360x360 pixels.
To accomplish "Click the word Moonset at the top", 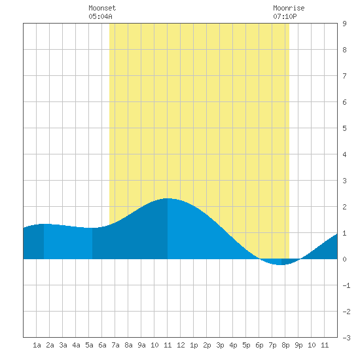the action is (x=102, y=8).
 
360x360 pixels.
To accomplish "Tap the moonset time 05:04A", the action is (x=100, y=16).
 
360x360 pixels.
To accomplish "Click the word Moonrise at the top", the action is (x=289, y=8).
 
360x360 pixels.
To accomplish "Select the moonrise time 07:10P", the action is (x=285, y=16).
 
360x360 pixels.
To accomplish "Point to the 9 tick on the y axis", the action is (x=344, y=24).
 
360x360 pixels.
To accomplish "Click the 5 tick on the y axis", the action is (x=344, y=128).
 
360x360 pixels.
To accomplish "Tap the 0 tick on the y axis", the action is (x=344, y=259).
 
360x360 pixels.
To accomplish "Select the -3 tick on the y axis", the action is (x=346, y=338).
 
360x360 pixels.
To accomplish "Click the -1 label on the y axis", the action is (x=346, y=285).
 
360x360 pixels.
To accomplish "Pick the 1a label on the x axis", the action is (x=37, y=345).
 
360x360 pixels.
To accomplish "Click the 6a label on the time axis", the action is (x=102, y=345).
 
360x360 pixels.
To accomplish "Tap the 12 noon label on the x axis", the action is (x=181, y=345).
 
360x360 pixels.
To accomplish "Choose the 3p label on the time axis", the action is (x=220, y=345).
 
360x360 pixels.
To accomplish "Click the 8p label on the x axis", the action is (x=285, y=345).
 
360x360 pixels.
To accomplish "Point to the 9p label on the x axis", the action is (x=298, y=345).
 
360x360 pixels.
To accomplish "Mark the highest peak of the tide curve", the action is (x=168, y=198).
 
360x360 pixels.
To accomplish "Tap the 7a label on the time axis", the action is (x=115, y=345).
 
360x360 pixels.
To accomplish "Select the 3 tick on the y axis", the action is (x=344, y=181).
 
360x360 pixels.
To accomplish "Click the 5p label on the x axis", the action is (x=246, y=345).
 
